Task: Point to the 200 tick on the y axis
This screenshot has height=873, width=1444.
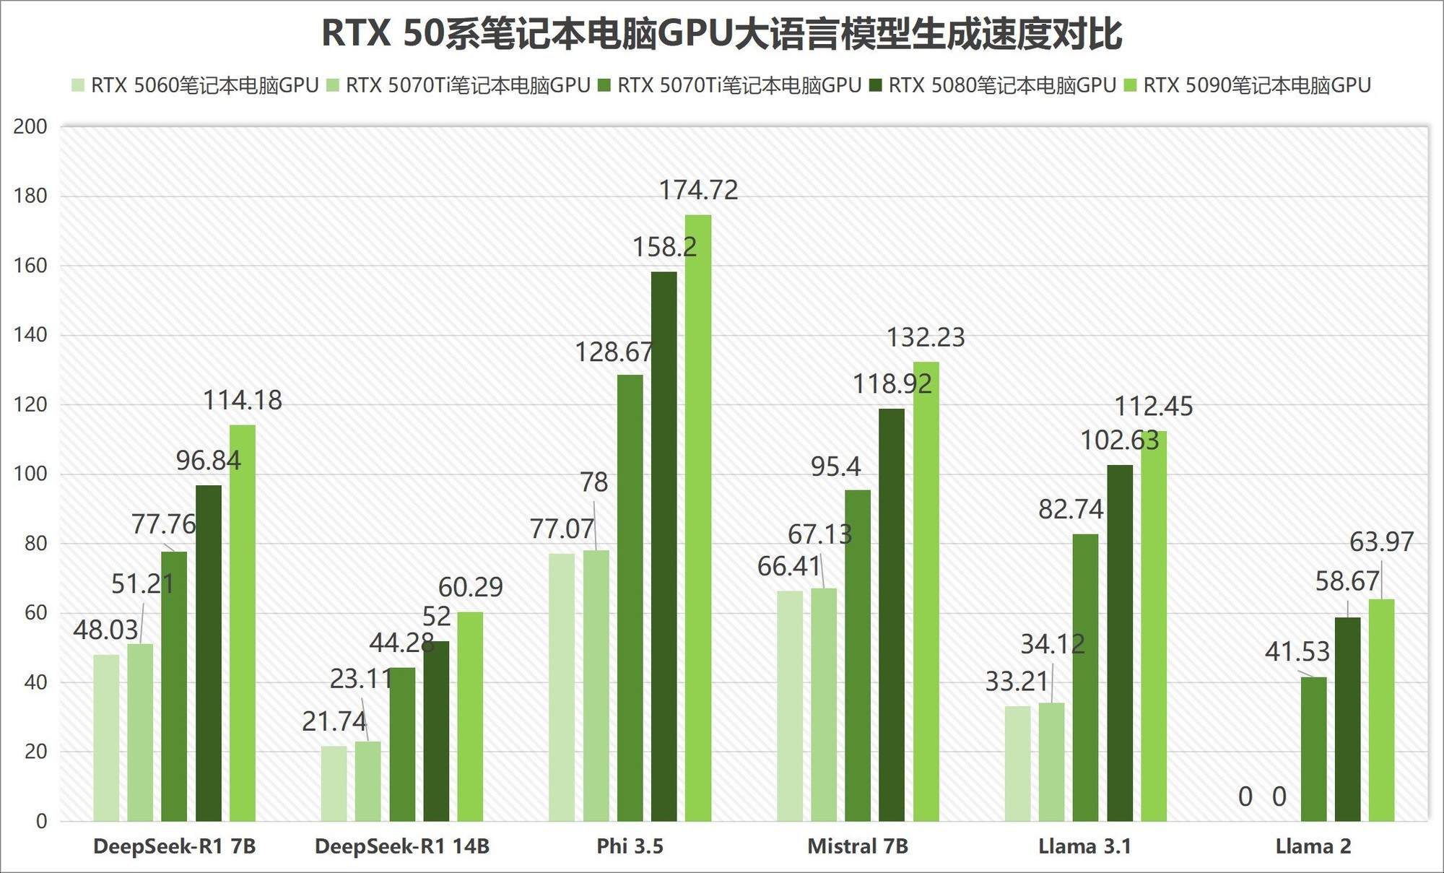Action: click(30, 127)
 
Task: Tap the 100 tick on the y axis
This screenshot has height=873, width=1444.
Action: click(30, 474)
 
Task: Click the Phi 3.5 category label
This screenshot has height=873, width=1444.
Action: click(630, 846)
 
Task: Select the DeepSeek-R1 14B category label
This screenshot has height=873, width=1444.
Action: click(402, 846)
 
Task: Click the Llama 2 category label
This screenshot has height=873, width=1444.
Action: click(1313, 846)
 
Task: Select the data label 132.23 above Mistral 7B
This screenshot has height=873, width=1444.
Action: click(926, 338)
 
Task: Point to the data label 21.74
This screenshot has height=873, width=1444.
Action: click(334, 721)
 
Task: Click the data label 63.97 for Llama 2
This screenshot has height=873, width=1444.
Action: click(1381, 542)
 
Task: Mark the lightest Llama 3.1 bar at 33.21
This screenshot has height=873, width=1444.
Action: click(1017, 763)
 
